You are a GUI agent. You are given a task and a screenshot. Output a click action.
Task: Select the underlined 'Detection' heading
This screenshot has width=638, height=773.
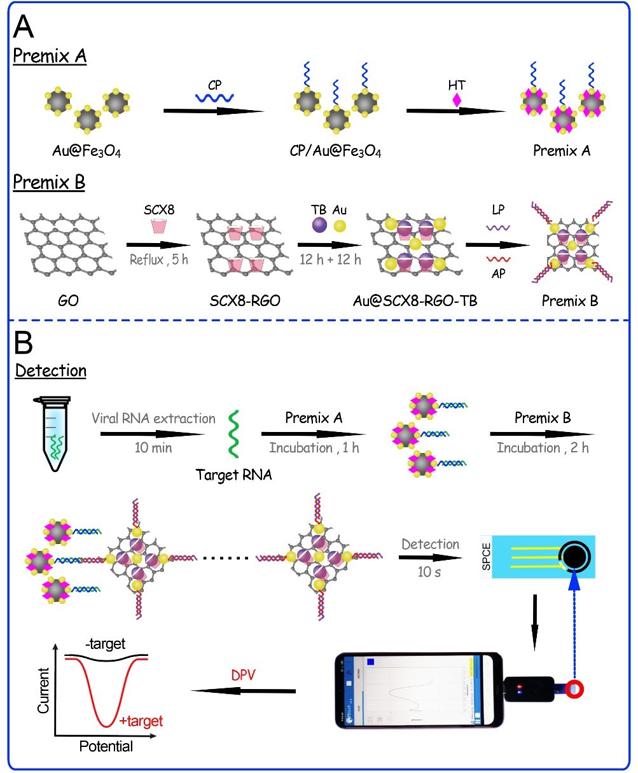[50, 370]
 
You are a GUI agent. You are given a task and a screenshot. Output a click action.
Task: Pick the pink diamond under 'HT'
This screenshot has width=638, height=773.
[455, 100]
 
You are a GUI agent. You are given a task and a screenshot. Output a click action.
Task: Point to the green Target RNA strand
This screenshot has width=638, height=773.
[233, 434]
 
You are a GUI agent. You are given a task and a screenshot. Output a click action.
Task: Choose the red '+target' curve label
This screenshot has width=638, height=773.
[141, 721]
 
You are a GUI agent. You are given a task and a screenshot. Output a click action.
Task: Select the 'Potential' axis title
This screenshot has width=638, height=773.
[106, 746]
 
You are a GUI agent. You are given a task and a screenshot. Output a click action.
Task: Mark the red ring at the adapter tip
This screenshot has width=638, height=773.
[576, 689]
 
